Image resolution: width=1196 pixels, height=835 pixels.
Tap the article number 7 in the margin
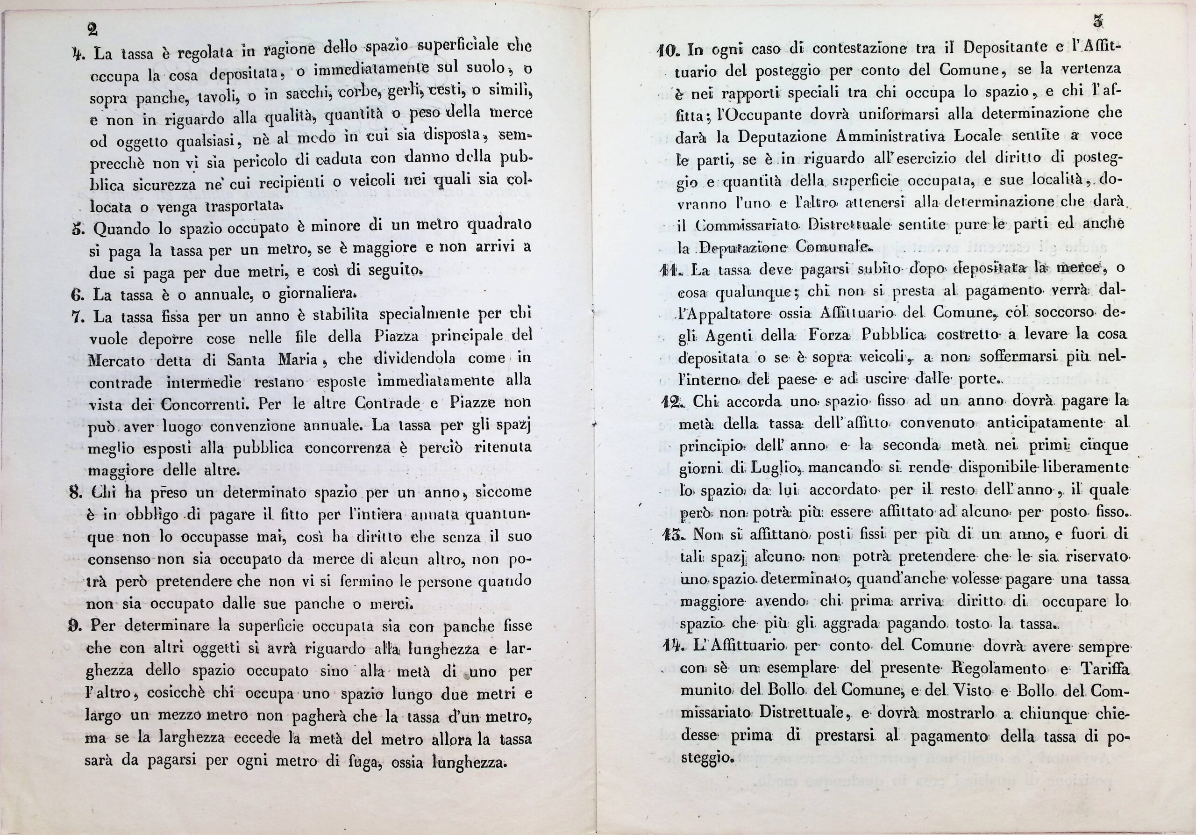click(77, 317)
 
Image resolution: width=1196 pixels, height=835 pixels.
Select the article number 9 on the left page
click(73, 625)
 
